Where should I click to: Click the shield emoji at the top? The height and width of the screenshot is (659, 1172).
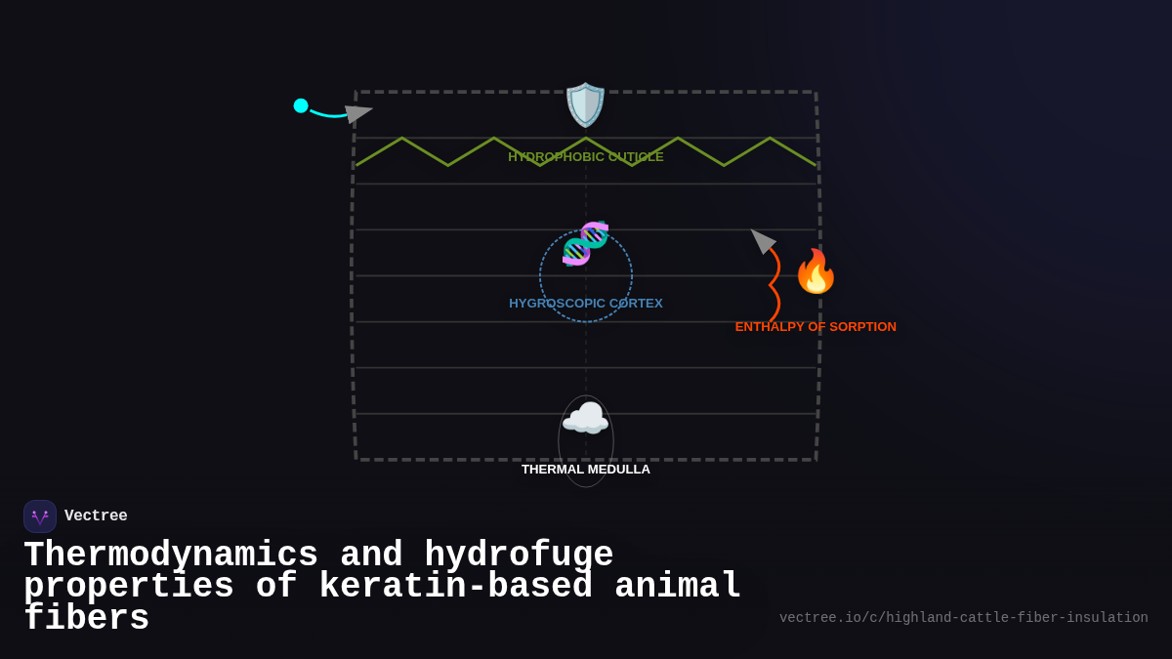[585, 104]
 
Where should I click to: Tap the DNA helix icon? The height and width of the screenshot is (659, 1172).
[585, 243]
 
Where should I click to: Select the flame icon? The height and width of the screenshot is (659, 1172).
[816, 271]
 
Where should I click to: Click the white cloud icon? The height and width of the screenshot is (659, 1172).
[585, 419]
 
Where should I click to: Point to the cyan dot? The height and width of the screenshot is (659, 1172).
[301, 105]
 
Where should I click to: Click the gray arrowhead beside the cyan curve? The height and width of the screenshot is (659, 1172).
[356, 113]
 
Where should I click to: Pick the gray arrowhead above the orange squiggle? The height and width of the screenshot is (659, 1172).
[762, 240]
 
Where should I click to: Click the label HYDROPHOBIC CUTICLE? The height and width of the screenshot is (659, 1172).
[585, 156]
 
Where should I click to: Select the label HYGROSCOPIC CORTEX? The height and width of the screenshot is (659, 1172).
[585, 303]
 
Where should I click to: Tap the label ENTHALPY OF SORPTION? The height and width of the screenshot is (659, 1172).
[816, 326]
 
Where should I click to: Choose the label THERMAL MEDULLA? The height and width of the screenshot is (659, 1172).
[585, 469]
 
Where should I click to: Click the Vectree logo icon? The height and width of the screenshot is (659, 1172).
[40, 516]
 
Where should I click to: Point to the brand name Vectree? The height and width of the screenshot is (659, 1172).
[96, 516]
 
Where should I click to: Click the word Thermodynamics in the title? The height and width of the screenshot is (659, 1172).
[171, 555]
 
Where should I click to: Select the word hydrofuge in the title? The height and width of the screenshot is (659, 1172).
[519, 555]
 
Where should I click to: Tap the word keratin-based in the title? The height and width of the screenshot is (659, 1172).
[455, 586]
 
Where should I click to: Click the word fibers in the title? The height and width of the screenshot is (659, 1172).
[86, 618]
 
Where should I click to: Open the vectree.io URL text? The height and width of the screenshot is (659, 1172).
[963, 618]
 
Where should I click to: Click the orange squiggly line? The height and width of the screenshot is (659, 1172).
[774, 284]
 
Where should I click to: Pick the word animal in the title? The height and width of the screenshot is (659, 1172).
[678, 586]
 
